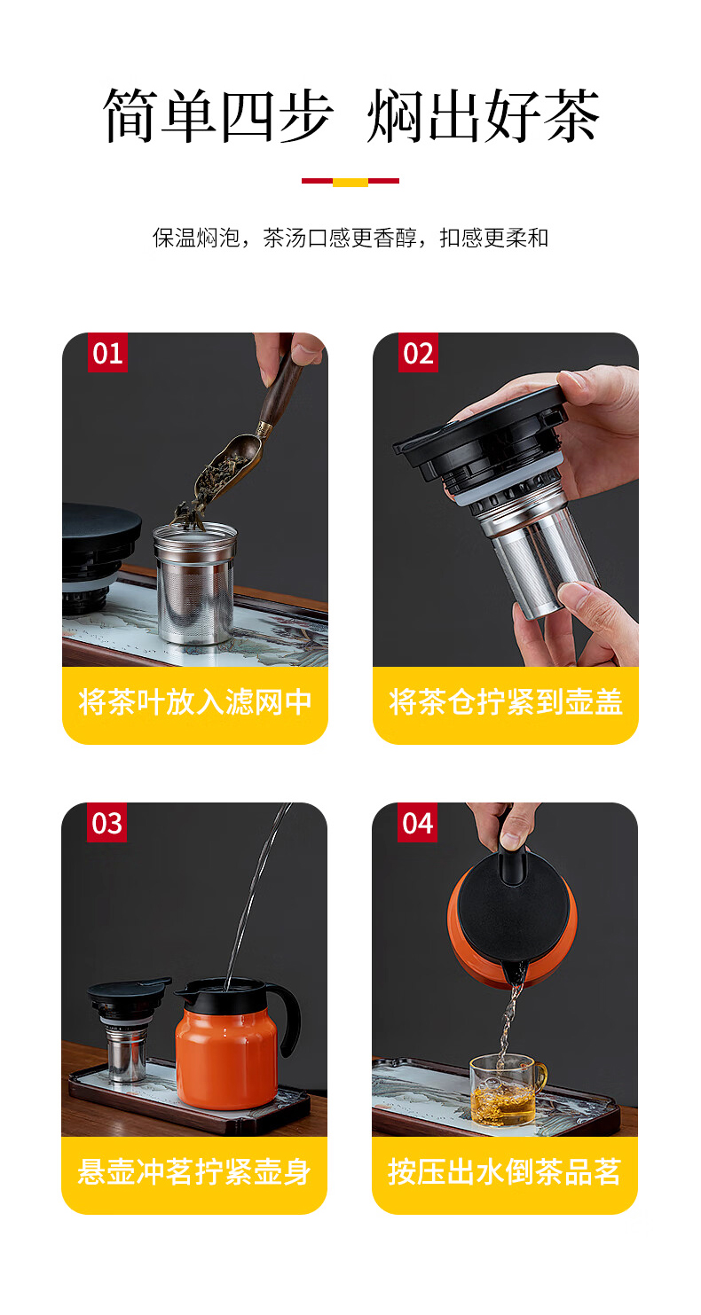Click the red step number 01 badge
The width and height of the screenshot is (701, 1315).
point(107,353)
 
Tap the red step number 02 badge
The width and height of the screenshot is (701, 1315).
point(418,353)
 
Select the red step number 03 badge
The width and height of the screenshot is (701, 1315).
point(107,823)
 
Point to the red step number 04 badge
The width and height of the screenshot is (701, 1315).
point(417,823)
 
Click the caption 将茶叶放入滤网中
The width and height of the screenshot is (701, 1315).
point(195,701)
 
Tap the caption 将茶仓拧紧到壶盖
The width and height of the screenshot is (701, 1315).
point(505,701)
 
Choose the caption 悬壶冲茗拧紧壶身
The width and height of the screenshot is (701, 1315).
point(194,1171)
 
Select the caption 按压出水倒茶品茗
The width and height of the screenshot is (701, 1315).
point(505,1171)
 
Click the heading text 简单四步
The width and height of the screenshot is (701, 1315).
point(218,115)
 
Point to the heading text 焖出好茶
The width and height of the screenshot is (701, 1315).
point(483,115)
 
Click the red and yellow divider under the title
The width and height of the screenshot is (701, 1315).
point(350,182)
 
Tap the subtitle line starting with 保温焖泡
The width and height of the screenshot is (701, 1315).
point(350,238)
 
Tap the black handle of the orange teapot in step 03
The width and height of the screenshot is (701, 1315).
point(289,1014)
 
